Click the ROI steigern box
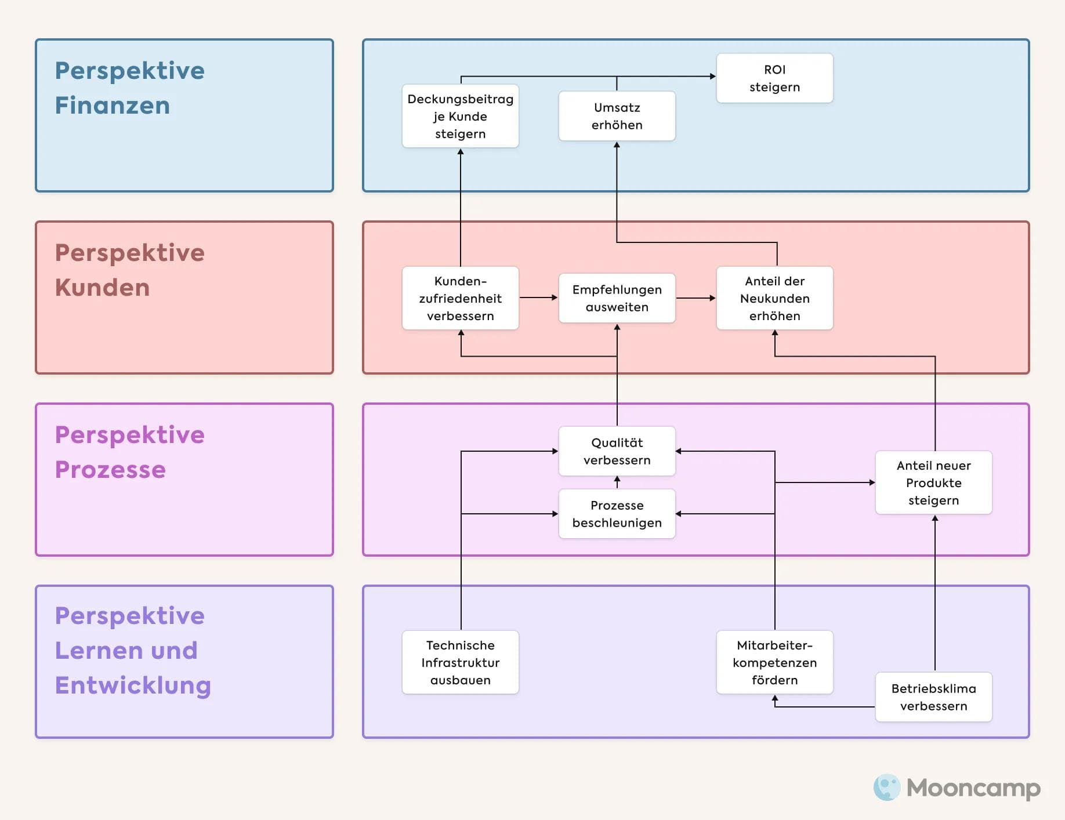[x=774, y=78]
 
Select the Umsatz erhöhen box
[x=617, y=116]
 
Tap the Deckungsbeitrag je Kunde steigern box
[x=460, y=116]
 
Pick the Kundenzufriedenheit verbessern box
[x=460, y=298]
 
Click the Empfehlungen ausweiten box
[x=617, y=298]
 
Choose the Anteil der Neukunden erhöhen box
[x=774, y=298]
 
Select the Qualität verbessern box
[x=617, y=451]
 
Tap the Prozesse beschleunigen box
[x=617, y=514]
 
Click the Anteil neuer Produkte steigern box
[x=933, y=482]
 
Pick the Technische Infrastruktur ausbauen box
[x=460, y=662]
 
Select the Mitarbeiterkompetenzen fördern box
[x=774, y=662]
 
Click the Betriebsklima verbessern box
[x=933, y=697]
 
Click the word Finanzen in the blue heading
[x=113, y=106]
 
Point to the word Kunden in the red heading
[x=102, y=288]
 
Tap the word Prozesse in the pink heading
[x=110, y=470]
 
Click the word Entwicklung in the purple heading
[x=133, y=685]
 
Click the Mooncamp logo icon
[x=886, y=788]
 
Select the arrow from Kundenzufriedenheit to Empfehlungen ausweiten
[x=538, y=297]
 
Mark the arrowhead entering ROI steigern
[x=712, y=76]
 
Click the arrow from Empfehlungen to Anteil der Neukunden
[x=695, y=298]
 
